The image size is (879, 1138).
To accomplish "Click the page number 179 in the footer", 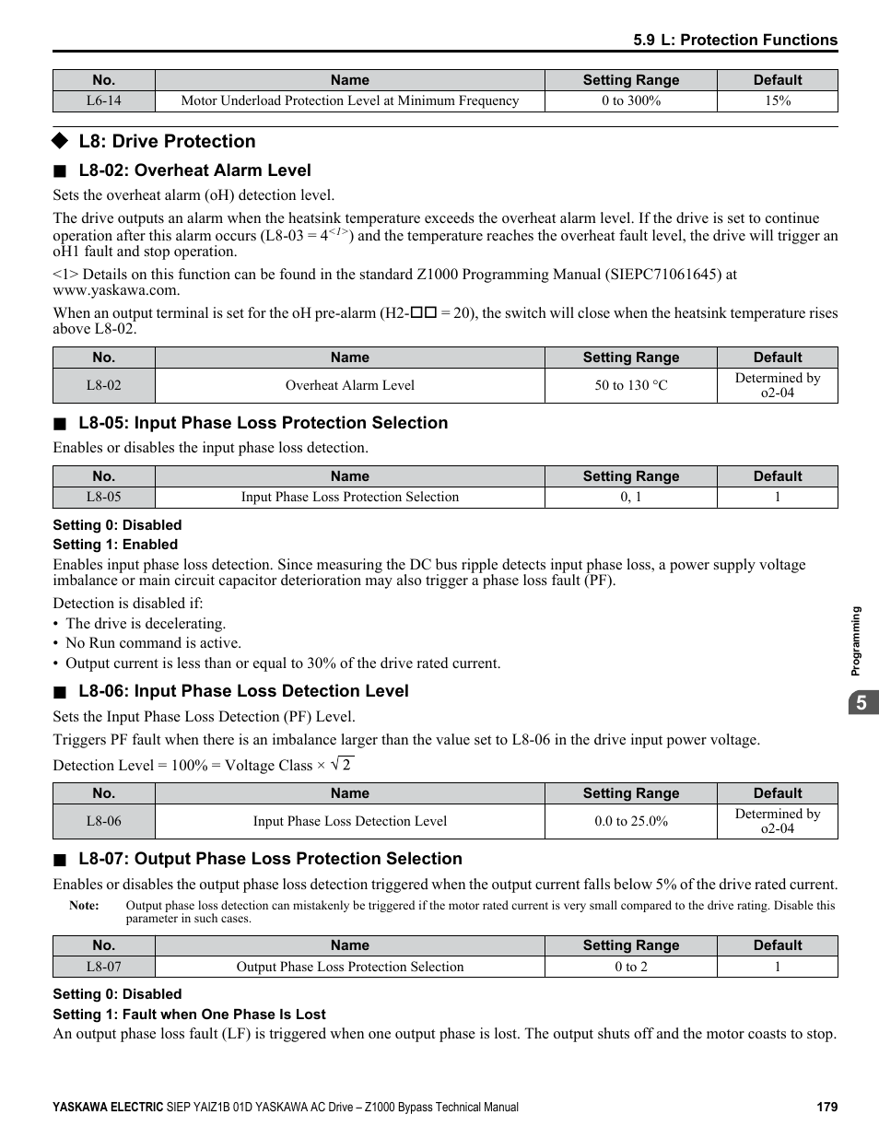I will coord(826,1107).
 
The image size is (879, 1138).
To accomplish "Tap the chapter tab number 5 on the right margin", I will coord(861,703).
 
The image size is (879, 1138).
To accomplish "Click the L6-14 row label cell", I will coord(103,101).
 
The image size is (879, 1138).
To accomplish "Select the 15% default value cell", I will coord(777,101).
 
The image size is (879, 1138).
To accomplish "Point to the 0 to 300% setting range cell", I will coord(630,101).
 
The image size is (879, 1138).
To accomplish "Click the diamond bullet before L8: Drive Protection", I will coord(60,141).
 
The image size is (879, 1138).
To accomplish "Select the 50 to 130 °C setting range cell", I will coord(630,385).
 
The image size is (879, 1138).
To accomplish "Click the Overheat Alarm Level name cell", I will coord(349,385).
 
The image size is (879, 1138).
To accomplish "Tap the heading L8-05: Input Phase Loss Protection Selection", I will coord(263,423).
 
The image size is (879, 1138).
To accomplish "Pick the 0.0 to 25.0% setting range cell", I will coord(630,821).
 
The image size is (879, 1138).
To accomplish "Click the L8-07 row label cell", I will coord(103,967).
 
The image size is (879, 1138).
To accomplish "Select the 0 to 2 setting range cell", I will coord(630,967).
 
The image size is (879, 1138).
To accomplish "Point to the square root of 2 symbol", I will coord(342,765).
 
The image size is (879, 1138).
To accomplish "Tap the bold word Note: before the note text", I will coord(84,906).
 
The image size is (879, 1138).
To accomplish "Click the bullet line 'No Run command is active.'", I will coord(153,643).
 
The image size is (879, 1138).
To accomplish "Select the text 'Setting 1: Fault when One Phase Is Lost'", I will coord(189,1015).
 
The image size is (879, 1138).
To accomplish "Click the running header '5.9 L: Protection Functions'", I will coord(735,40).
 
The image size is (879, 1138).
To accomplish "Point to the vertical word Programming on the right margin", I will coord(856,641).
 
